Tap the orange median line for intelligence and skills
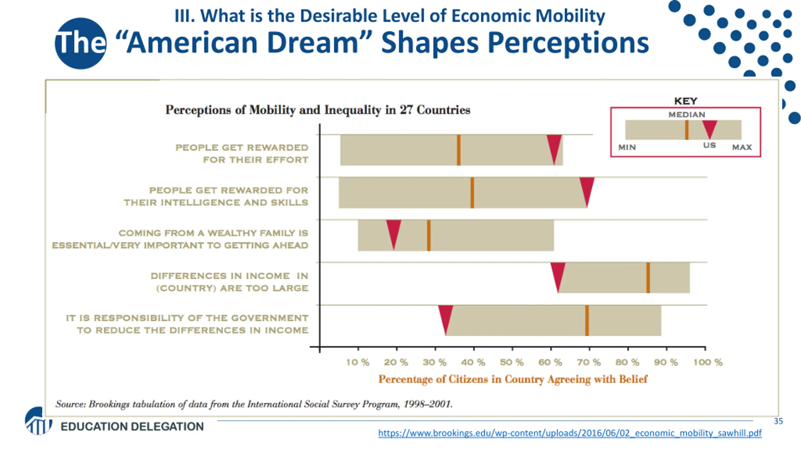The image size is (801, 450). click(472, 192)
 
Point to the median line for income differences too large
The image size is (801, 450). click(648, 278)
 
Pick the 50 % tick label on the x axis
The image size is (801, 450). click(512, 362)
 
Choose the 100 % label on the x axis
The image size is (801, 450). click(708, 362)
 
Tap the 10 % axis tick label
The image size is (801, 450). click(358, 362)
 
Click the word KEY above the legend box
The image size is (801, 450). click(686, 101)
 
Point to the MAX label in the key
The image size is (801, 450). click(742, 147)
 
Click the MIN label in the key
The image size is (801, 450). click(627, 147)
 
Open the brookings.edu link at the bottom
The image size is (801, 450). click(569, 433)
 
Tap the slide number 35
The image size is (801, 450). click(778, 421)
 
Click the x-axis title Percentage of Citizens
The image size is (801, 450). click(513, 379)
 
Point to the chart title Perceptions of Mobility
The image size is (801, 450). click(318, 110)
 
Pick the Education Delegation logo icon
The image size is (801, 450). click(38, 421)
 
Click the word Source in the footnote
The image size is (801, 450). click(70, 404)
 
